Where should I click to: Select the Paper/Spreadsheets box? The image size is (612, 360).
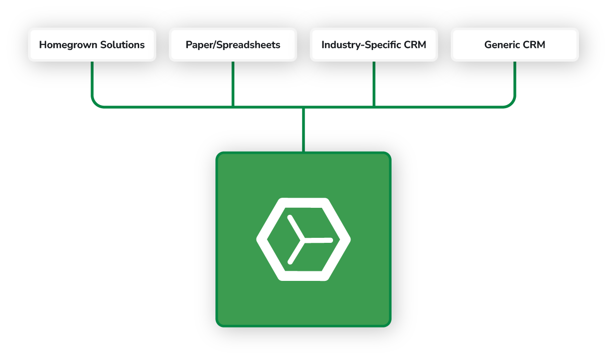pos(233,45)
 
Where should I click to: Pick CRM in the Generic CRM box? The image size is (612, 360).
pos(533,45)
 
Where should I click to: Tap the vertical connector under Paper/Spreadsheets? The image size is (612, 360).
pos(233,83)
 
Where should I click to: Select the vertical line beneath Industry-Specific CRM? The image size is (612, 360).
pos(374,83)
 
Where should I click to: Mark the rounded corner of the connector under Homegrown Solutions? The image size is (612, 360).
pos(95,103)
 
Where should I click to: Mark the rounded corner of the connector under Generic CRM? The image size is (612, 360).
pos(512,103)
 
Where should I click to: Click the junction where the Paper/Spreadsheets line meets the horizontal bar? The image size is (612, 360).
pos(233,106)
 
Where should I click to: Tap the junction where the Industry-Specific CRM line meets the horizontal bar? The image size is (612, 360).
pos(374,106)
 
